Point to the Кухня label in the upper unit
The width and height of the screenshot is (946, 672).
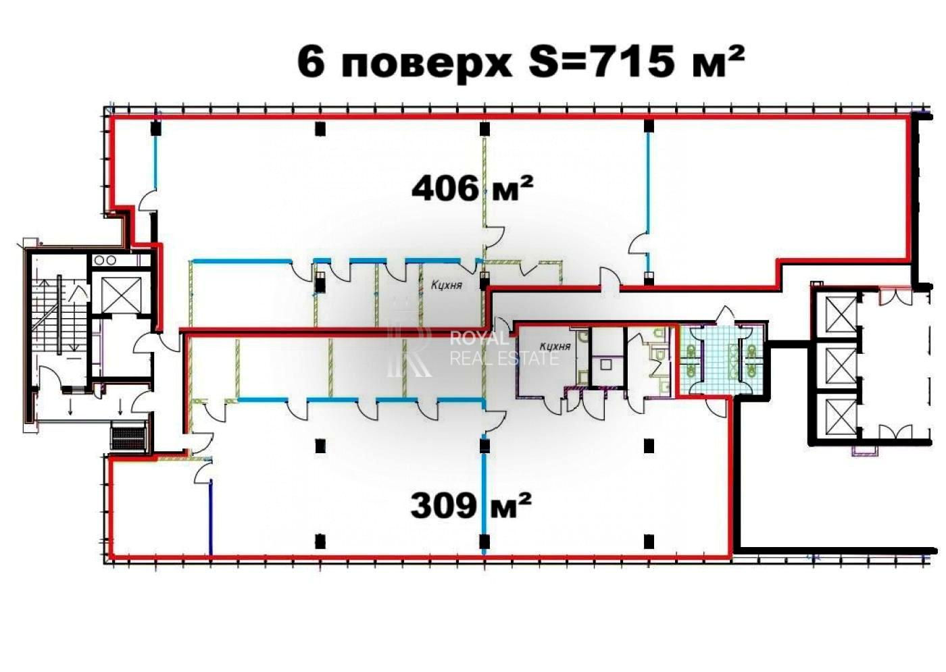447,286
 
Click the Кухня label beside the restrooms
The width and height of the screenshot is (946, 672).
555,346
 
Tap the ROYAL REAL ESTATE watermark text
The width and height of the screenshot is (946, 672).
504,348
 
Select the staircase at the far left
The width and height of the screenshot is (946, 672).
57,317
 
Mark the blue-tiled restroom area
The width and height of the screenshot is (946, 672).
721,358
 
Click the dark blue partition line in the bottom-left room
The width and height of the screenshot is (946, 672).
211,517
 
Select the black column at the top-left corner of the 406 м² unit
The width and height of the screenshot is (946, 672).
156,127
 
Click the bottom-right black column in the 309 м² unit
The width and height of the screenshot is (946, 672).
649,541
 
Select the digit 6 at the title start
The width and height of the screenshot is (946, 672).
310,63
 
